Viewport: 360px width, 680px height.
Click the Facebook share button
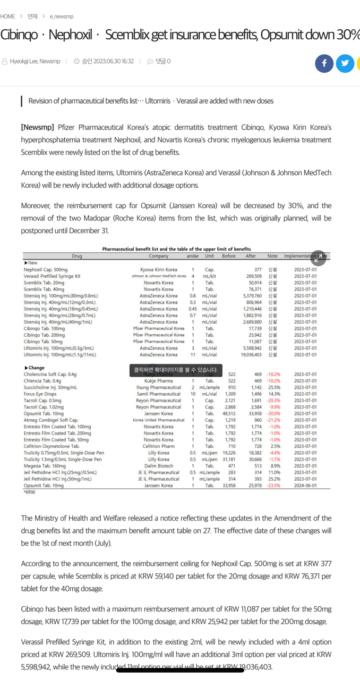(324, 63)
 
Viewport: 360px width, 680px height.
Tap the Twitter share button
(345, 63)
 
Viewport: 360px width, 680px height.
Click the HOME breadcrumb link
(8, 16)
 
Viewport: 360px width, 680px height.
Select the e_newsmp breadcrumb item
(62, 16)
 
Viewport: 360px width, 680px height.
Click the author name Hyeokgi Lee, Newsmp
(35, 62)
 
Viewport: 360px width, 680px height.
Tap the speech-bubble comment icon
(150, 62)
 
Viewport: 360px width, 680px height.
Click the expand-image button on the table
(318, 258)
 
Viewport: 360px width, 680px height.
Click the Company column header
(159, 256)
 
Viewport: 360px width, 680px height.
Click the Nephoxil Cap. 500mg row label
(46, 270)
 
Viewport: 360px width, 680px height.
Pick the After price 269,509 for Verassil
(254, 276)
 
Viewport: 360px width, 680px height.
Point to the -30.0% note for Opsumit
(273, 414)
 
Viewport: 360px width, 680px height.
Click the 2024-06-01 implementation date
(305, 486)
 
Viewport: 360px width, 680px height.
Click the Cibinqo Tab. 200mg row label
(45, 335)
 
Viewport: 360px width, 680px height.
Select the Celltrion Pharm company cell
(159, 446)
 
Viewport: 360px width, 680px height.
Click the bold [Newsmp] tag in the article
(38, 127)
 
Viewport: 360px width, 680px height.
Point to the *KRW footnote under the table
(29, 492)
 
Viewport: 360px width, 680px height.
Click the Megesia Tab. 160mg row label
(45, 466)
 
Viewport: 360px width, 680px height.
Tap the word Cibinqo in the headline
(19, 35)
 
